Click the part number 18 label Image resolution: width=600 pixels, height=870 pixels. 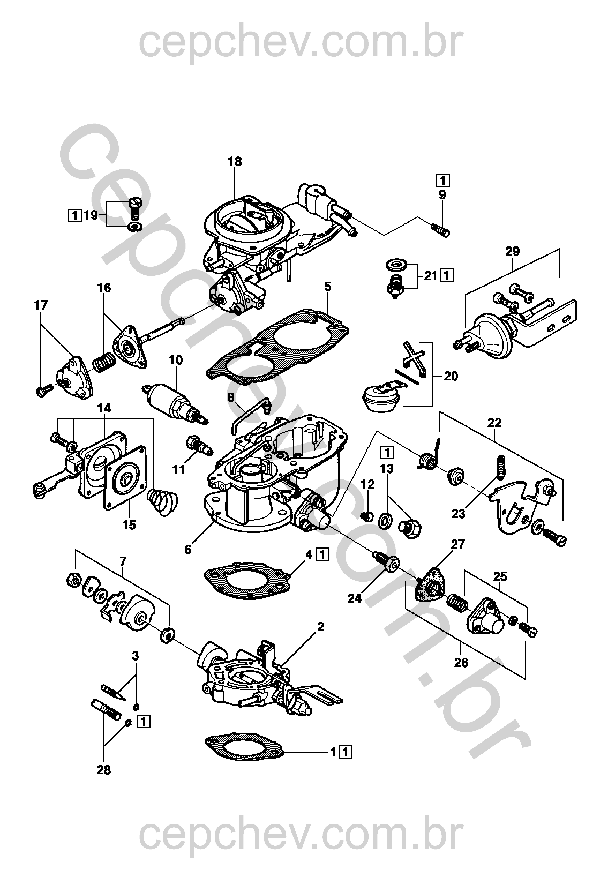pos(235,161)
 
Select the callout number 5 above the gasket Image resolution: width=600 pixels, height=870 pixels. pos(328,288)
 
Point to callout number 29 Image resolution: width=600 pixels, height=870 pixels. pos(513,251)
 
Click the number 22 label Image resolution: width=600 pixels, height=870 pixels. pos(494,422)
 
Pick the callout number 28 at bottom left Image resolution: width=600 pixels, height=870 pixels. pos(104,770)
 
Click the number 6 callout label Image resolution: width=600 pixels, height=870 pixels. pos(188,549)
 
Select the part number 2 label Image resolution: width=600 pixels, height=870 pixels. pos(321,626)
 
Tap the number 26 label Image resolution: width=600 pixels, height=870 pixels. pos(461,663)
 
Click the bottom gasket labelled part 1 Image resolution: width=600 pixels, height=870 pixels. pos(244,747)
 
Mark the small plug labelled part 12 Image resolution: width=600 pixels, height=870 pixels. pos(367,516)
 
